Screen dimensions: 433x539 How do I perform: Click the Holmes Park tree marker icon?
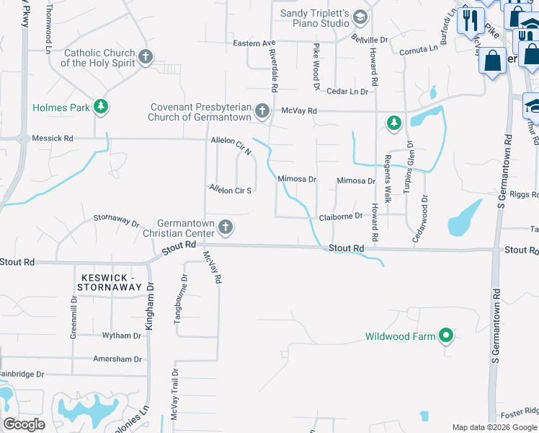point(102,108)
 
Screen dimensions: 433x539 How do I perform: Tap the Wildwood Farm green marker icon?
point(446,336)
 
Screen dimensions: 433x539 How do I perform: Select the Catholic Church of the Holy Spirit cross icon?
point(146,58)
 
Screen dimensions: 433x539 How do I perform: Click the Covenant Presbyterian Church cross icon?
point(262,112)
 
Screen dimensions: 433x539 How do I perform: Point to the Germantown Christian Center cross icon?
point(226,228)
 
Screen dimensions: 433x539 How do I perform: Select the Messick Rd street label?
point(53,138)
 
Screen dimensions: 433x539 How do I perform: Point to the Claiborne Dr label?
point(340,216)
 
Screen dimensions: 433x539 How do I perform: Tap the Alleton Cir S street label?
point(230,190)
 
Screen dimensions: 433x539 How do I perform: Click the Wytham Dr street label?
point(122,336)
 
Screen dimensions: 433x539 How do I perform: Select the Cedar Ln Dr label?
point(347,91)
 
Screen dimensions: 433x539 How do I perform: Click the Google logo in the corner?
point(24,424)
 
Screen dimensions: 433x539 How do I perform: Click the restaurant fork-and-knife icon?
point(471,19)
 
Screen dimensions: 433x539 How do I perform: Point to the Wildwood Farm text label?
point(401,336)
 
